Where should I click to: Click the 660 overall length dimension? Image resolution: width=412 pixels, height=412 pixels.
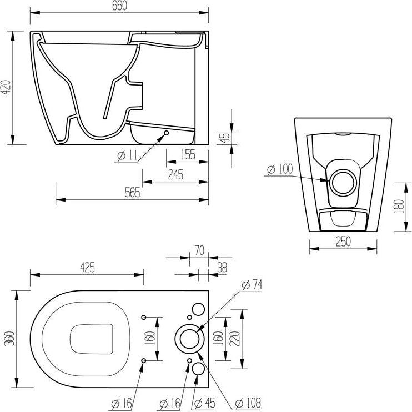(119, 6)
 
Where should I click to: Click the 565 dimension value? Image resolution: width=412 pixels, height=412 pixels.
(132, 193)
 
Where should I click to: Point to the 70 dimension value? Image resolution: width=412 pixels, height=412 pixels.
(197, 251)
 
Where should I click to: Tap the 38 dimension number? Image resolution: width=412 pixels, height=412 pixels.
(222, 267)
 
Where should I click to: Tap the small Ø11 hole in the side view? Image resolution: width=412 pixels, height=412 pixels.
(167, 133)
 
